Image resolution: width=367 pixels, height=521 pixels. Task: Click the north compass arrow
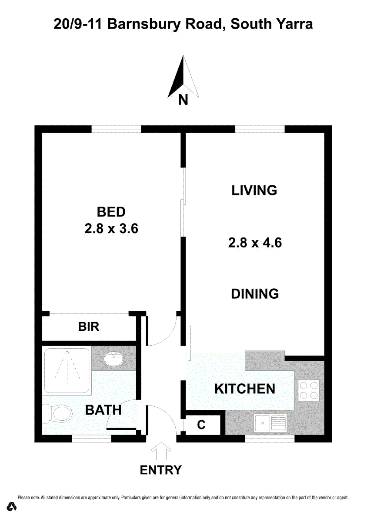click(183, 76)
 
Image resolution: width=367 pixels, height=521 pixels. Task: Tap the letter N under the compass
click(183, 99)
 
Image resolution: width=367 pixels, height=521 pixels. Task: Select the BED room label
click(111, 212)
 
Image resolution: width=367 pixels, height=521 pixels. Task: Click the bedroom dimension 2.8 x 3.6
click(111, 228)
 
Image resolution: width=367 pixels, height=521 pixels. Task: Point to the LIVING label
click(254, 190)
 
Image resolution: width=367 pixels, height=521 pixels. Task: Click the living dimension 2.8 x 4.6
click(255, 242)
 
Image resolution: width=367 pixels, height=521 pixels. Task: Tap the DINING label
click(255, 293)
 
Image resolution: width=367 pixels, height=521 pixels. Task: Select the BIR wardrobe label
click(89, 326)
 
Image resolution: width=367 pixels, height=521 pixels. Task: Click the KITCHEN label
click(245, 389)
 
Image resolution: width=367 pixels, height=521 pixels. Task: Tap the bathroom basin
click(114, 359)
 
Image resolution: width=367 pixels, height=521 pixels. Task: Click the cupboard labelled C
click(202, 425)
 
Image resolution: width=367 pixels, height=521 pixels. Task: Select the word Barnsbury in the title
click(144, 25)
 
